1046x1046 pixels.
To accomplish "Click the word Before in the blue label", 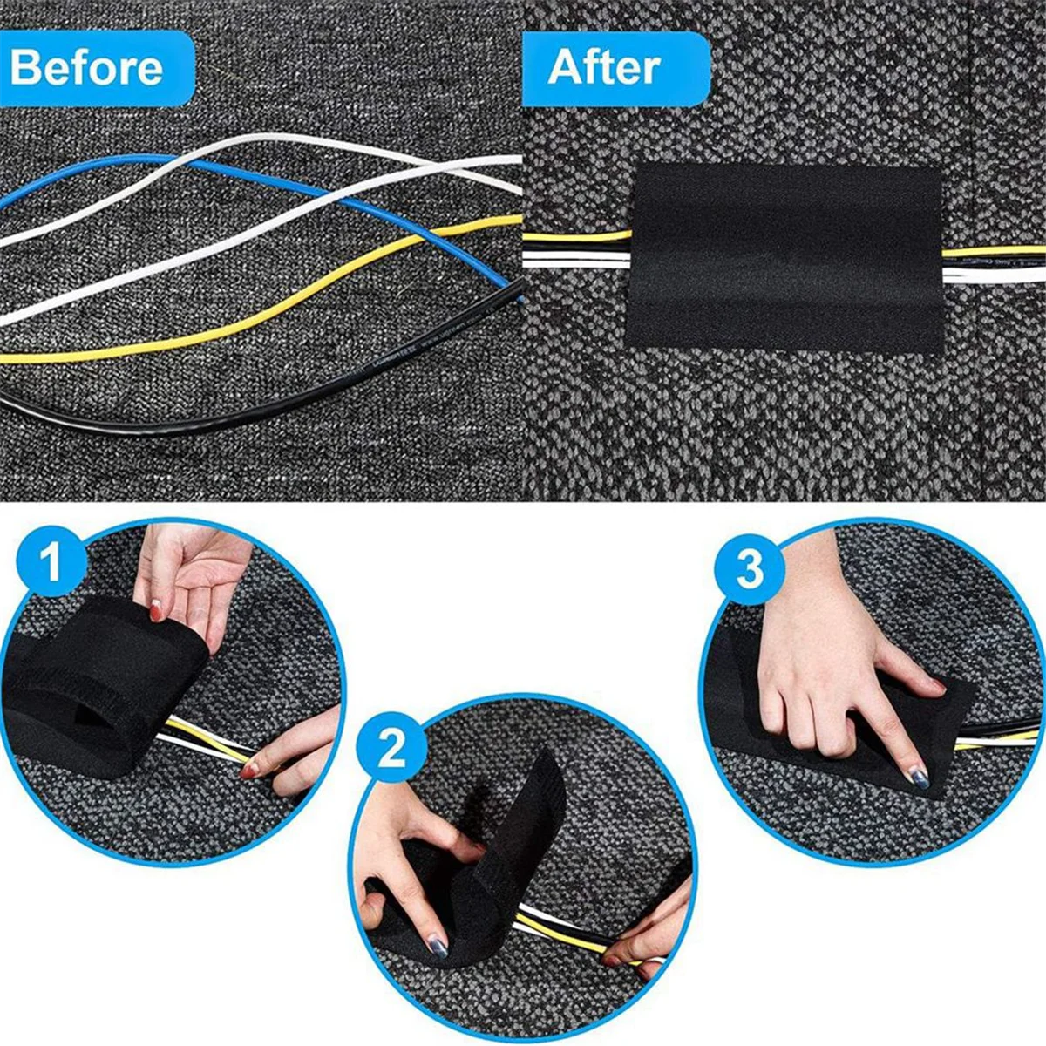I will tap(85, 68).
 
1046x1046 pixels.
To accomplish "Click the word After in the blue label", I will tap(603, 68).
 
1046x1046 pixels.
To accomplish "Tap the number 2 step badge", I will tap(392, 748).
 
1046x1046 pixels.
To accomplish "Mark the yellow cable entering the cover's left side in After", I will tap(575, 235).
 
